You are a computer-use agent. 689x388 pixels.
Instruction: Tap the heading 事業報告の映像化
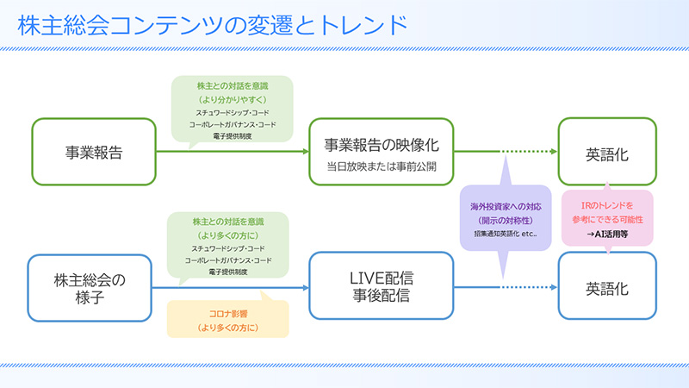coord(382,143)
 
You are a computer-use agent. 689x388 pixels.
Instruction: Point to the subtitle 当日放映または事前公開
coord(382,166)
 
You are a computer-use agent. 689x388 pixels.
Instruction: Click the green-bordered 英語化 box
coord(607,153)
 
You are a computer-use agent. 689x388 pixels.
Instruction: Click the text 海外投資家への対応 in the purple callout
coord(505,207)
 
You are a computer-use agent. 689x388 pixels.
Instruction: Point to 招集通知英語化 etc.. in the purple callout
coord(505,234)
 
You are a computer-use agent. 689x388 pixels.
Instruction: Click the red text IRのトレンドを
coord(608,205)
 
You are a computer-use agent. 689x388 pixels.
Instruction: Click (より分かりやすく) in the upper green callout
coord(232,99)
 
